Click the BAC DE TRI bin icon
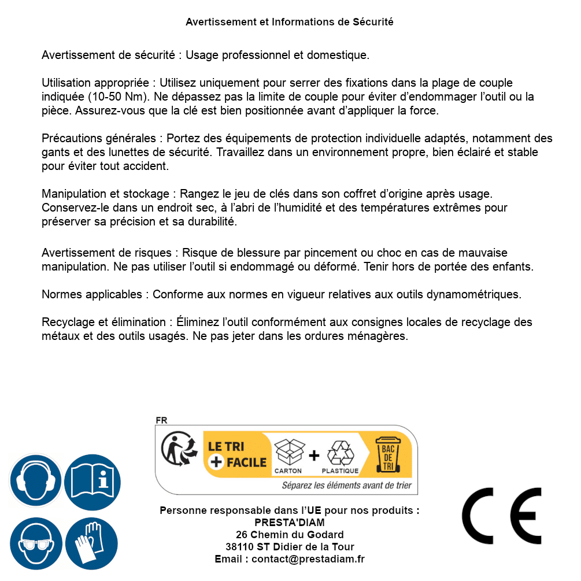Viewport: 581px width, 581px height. (x=387, y=454)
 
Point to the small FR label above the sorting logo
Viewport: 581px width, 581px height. (x=161, y=420)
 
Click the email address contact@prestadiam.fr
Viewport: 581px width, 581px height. (x=308, y=559)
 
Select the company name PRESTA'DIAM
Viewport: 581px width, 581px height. (x=290, y=523)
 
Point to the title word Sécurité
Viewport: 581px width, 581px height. (x=373, y=22)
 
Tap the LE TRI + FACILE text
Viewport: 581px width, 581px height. (x=237, y=454)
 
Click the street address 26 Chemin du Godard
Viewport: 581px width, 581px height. (x=290, y=535)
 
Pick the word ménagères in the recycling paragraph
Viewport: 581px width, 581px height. (x=384, y=336)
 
